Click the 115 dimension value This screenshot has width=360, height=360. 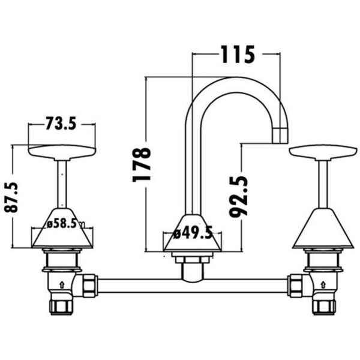[x=238, y=55]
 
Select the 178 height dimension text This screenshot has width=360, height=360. [x=142, y=165]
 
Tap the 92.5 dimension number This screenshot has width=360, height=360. [x=239, y=197]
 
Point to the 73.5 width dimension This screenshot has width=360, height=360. [x=61, y=123]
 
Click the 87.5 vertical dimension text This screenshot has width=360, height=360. [x=11, y=197]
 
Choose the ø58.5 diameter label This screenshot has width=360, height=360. [x=62, y=224]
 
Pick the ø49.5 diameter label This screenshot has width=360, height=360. [x=193, y=233]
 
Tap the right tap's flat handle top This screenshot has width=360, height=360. [x=323, y=152]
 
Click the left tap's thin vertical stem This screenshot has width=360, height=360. [x=62, y=184]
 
